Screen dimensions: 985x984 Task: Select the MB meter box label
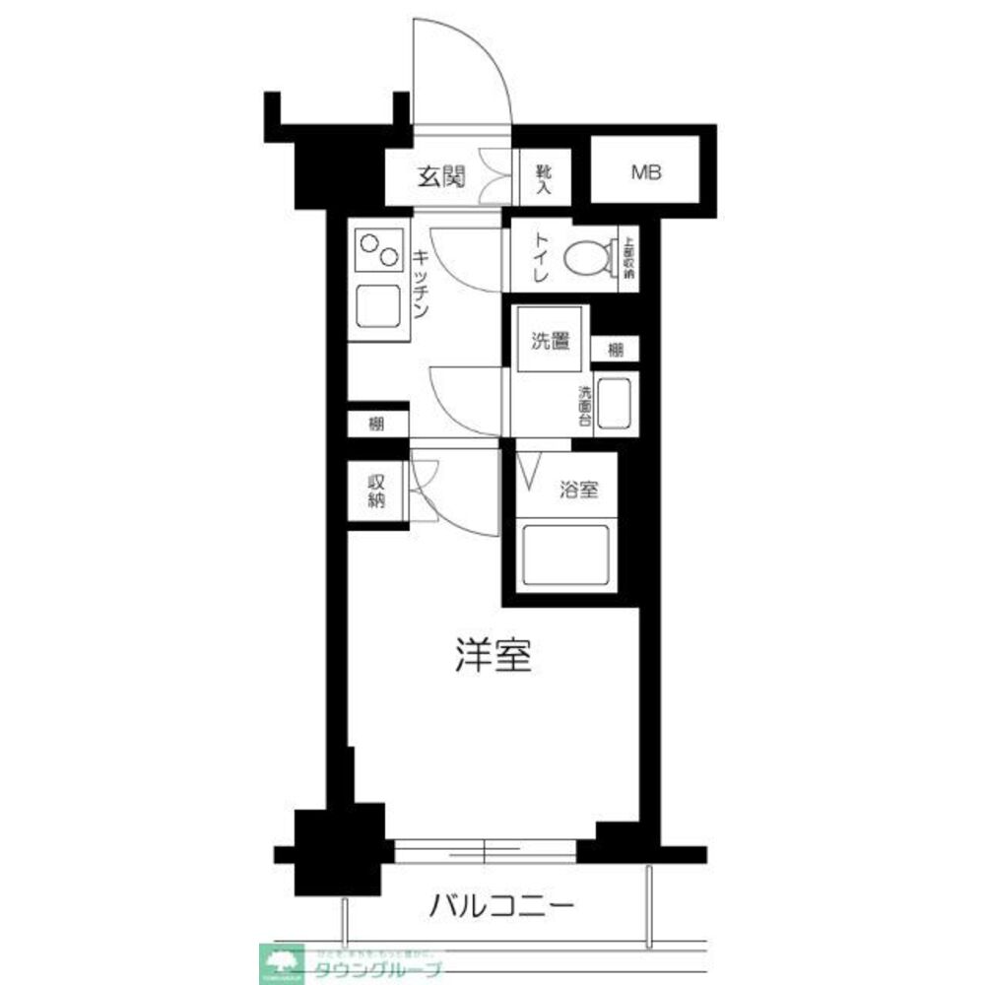[646, 173]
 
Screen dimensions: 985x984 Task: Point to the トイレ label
[541, 258]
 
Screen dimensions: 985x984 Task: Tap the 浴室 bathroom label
[577, 489]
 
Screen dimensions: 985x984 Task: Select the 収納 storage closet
[376, 491]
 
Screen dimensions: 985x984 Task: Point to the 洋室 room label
[493, 656]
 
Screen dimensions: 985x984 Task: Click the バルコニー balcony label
[500, 904]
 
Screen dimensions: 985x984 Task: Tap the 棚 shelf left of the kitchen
[377, 424]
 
